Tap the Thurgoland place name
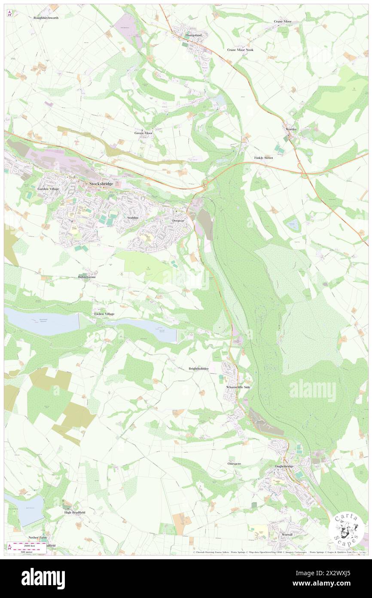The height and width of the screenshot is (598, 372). [193, 35]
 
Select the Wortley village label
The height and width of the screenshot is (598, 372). [291, 129]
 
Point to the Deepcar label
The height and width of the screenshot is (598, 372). [178, 220]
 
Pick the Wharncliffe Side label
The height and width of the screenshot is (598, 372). [238, 387]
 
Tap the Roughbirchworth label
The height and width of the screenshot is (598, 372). [46, 18]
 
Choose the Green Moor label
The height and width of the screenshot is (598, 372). [143, 133]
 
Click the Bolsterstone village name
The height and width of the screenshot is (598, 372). [87, 277]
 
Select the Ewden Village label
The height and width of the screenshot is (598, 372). [104, 314]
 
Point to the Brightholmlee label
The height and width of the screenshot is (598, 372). [199, 369]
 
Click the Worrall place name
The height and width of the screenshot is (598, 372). [287, 534]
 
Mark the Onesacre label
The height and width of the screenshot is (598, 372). [236, 464]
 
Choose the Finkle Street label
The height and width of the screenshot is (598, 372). [263, 158]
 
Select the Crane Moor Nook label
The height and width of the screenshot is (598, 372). [241, 50]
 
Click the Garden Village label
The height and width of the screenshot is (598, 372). [48, 189]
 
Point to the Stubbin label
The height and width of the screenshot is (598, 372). [133, 218]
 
